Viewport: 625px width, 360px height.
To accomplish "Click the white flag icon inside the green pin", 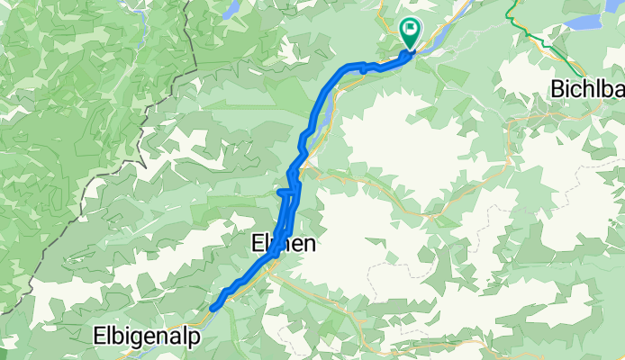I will tap(411, 30).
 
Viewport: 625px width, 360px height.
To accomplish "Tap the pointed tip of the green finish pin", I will tap(411, 49).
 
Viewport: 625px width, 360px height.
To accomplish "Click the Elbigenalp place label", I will tap(143, 336).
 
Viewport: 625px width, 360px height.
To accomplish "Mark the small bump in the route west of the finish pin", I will tap(362, 66).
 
